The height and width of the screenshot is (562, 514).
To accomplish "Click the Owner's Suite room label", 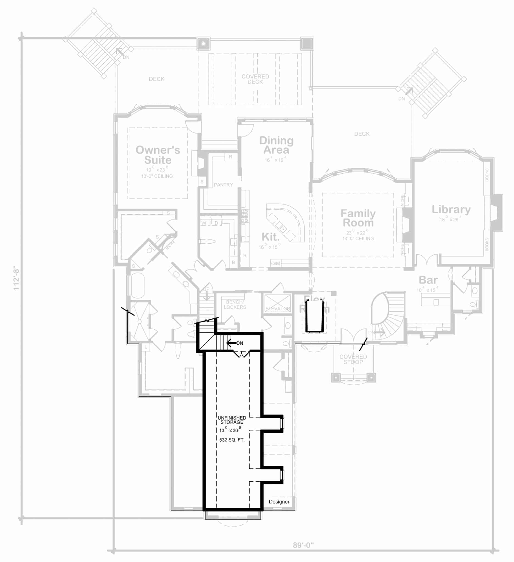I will [x=158, y=155].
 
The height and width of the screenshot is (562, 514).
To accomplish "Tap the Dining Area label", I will [x=276, y=145].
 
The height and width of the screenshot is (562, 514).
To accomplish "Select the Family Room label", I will [x=358, y=218].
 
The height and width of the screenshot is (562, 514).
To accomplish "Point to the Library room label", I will [x=451, y=209].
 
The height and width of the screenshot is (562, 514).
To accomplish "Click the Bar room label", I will [x=428, y=280].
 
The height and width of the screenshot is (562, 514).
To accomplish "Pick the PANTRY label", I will [x=223, y=185].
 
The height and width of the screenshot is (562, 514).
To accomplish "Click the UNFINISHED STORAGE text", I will [x=232, y=420].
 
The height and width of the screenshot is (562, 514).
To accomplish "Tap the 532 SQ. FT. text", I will [x=232, y=440].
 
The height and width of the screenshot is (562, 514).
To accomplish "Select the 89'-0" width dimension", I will [x=303, y=545].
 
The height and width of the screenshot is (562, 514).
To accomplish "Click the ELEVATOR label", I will [x=278, y=309].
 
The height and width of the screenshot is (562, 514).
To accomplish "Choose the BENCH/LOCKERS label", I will [x=235, y=304].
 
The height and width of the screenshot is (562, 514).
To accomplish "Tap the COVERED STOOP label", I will [x=353, y=359].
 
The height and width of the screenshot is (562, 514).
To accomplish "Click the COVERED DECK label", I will [x=255, y=79].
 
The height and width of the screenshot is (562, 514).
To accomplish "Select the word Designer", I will [x=279, y=502].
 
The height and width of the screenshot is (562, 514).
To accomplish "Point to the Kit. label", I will [x=270, y=237].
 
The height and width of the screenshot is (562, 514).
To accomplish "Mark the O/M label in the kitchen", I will [x=275, y=263].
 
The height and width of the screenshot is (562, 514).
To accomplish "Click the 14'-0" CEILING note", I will [x=358, y=239].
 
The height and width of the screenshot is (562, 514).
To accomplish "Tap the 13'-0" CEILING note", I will [x=157, y=176].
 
